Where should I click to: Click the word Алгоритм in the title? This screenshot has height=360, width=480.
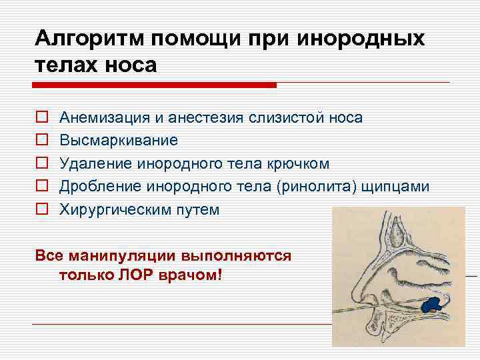89,39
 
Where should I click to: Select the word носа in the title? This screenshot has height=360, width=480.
131,65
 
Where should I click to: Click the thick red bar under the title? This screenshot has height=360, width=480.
154,85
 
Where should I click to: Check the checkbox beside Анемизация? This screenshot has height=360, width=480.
42,117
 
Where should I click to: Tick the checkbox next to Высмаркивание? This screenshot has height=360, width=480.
42,139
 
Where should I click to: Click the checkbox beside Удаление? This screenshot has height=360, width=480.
42,163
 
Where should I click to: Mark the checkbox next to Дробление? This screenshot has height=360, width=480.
42,185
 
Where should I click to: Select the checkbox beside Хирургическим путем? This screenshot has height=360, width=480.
42,209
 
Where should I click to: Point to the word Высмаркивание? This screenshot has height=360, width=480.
119,140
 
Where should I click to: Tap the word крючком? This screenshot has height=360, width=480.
298,163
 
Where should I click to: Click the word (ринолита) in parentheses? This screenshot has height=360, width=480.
317,187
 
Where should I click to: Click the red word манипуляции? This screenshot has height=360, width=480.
122,256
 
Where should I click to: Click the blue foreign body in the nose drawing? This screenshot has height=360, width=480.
432,305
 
